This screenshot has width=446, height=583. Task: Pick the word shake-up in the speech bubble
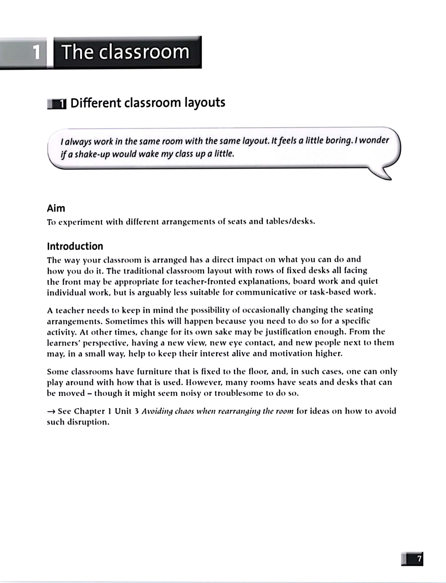[x=92, y=154]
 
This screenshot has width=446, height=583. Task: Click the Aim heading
[x=56, y=208]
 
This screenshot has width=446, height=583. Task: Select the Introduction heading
[x=75, y=246]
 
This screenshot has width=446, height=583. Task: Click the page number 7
[x=419, y=559]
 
